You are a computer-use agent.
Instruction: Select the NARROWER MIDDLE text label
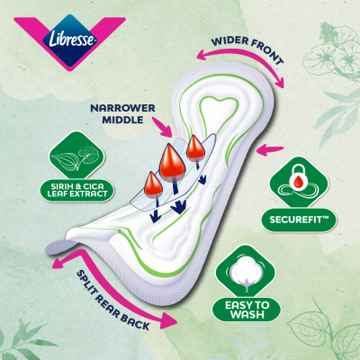[x=122, y=113]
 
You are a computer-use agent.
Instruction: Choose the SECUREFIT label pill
[x=299, y=220]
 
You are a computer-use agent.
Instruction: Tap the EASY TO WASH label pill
[x=247, y=310]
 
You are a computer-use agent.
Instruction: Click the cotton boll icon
[x=247, y=274]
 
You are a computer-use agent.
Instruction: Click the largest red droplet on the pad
[x=172, y=162]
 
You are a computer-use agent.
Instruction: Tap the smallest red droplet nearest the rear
[x=154, y=184]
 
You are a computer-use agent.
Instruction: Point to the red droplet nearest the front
[x=195, y=147]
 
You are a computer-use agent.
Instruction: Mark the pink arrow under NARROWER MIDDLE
[x=162, y=127]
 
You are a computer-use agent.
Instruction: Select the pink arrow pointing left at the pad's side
[x=270, y=149]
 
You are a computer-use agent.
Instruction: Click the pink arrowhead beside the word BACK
[x=167, y=320]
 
